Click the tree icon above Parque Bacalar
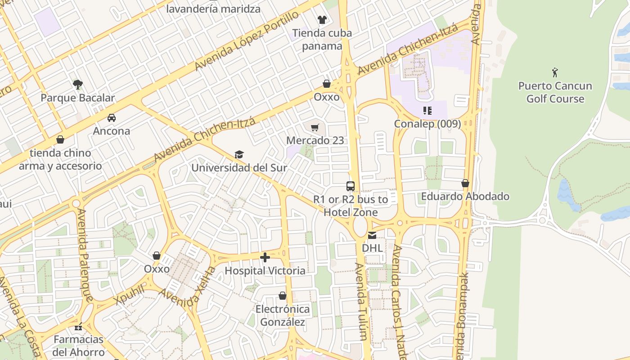(x=77, y=84)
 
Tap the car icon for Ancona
(x=111, y=118)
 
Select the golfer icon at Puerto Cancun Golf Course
(x=555, y=72)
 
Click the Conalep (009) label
(x=427, y=124)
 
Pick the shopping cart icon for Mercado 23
(x=315, y=127)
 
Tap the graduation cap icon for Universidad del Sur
(x=239, y=155)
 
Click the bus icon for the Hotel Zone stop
(x=350, y=186)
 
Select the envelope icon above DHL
(x=372, y=235)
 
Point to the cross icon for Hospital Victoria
(x=265, y=257)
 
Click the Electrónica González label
(x=282, y=315)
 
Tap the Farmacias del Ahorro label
(x=78, y=345)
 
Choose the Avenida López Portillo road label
(x=246, y=41)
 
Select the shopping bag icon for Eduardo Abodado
(x=465, y=184)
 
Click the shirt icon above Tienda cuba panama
(x=322, y=19)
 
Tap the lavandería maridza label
(x=213, y=9)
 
